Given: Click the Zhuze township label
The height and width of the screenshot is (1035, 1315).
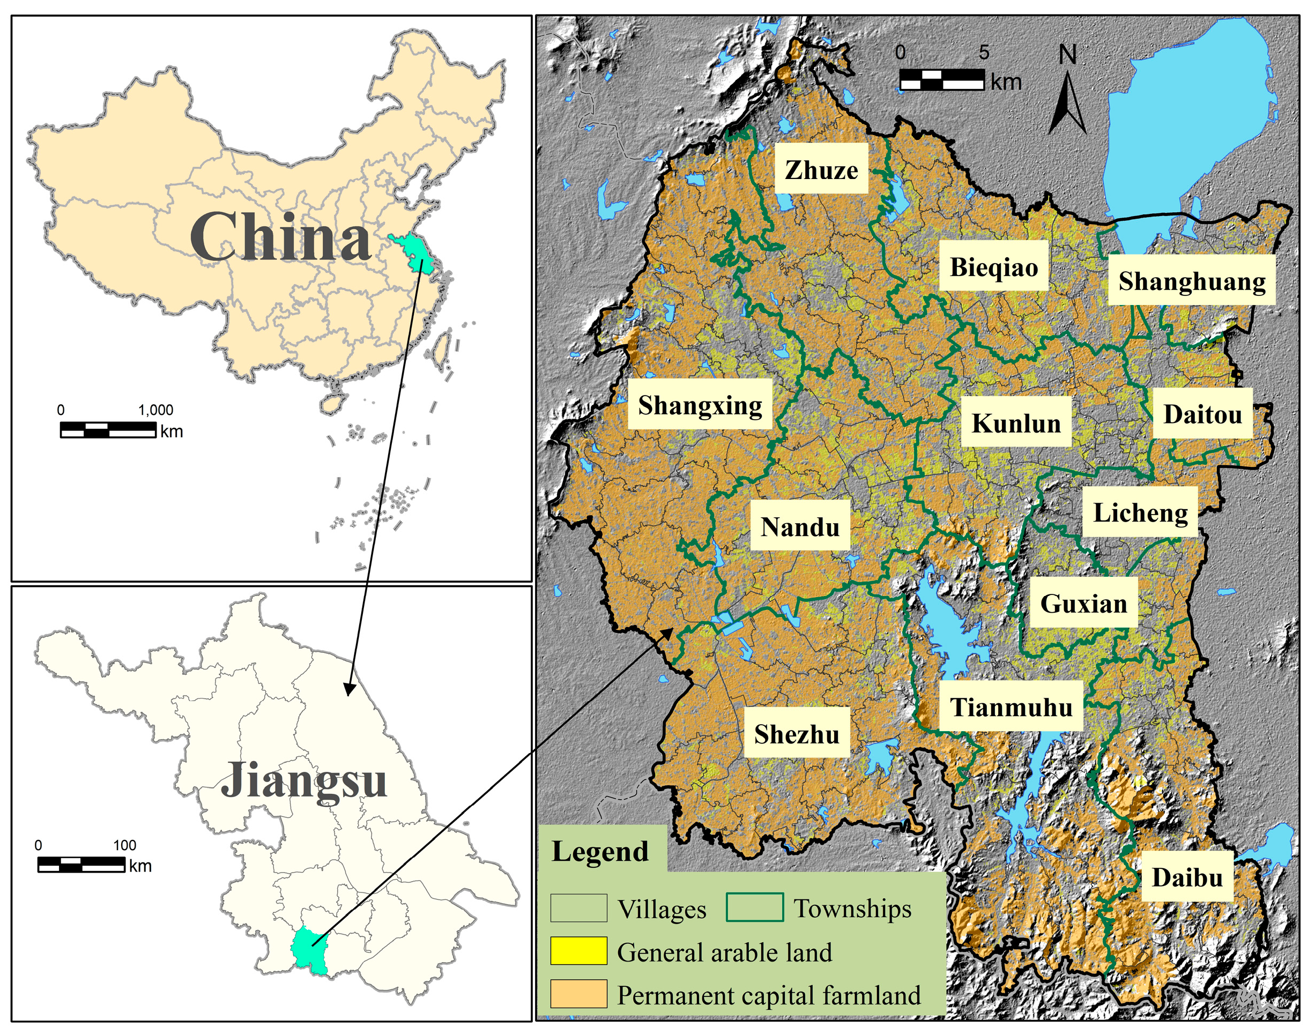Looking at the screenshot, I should [x=821, y=170].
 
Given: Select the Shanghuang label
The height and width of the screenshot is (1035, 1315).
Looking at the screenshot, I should [x=1191, y=280].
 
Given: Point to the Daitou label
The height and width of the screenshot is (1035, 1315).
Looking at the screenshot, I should [x=1202, y=414].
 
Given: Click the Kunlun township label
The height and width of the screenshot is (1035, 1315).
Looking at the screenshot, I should [x=1016, y=423].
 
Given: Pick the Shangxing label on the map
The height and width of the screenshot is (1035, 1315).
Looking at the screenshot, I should [x=700, y=405].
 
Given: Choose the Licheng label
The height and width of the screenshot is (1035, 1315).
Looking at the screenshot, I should [x=1140, y=512].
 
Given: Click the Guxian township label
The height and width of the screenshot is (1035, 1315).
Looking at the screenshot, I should [x=1083, y=603].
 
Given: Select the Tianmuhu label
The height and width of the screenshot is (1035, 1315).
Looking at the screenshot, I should [x=1011, y=706].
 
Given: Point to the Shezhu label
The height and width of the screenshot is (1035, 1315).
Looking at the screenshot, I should [x=796, y=734].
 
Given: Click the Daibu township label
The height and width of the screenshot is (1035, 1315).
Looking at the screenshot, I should [x=1186, y=877].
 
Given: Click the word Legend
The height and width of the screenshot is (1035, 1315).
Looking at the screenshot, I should [x=600, y=851].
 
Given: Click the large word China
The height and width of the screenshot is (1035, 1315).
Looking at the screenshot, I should [x=280, y=237].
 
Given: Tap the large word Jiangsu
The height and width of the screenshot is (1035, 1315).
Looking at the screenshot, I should [x=303, y=780].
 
